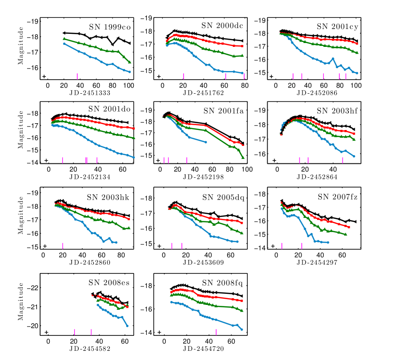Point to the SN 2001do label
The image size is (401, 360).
pos(111,108)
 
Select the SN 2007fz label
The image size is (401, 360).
pos(337,197)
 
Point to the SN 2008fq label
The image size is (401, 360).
pos(223,282)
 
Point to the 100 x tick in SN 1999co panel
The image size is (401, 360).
pos(129,85)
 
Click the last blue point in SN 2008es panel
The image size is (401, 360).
pos(127,326)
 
